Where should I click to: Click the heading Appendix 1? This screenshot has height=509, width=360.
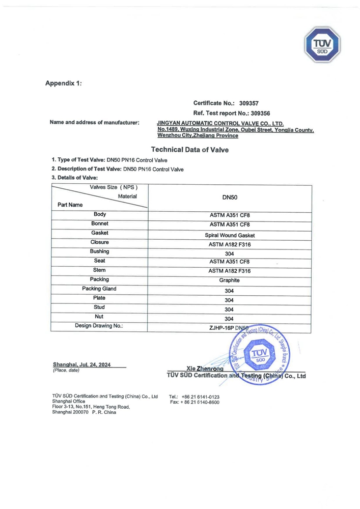tap(63, 83)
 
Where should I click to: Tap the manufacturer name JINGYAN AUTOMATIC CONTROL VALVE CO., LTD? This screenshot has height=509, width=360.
tap(220, 124)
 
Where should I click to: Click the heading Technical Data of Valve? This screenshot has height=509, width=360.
tap(190, 150)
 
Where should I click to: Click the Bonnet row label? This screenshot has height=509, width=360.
tap(100, 224)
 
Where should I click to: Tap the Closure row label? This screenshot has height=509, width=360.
tap(100, 242)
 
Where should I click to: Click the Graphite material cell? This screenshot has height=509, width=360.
tap(229, 280)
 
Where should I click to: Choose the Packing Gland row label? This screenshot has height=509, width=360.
tap(99, 289)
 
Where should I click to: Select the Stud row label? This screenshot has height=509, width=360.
tap(99, 307)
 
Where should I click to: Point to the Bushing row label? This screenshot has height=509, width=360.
tap(100, 251)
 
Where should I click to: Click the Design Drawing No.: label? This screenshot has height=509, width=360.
tap(99, 325)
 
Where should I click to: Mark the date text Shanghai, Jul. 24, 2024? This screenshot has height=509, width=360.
tap(81, 364)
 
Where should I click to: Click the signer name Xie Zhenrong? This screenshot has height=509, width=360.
tap(205, 369)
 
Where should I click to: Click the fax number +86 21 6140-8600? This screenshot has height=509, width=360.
tap(201, 402)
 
